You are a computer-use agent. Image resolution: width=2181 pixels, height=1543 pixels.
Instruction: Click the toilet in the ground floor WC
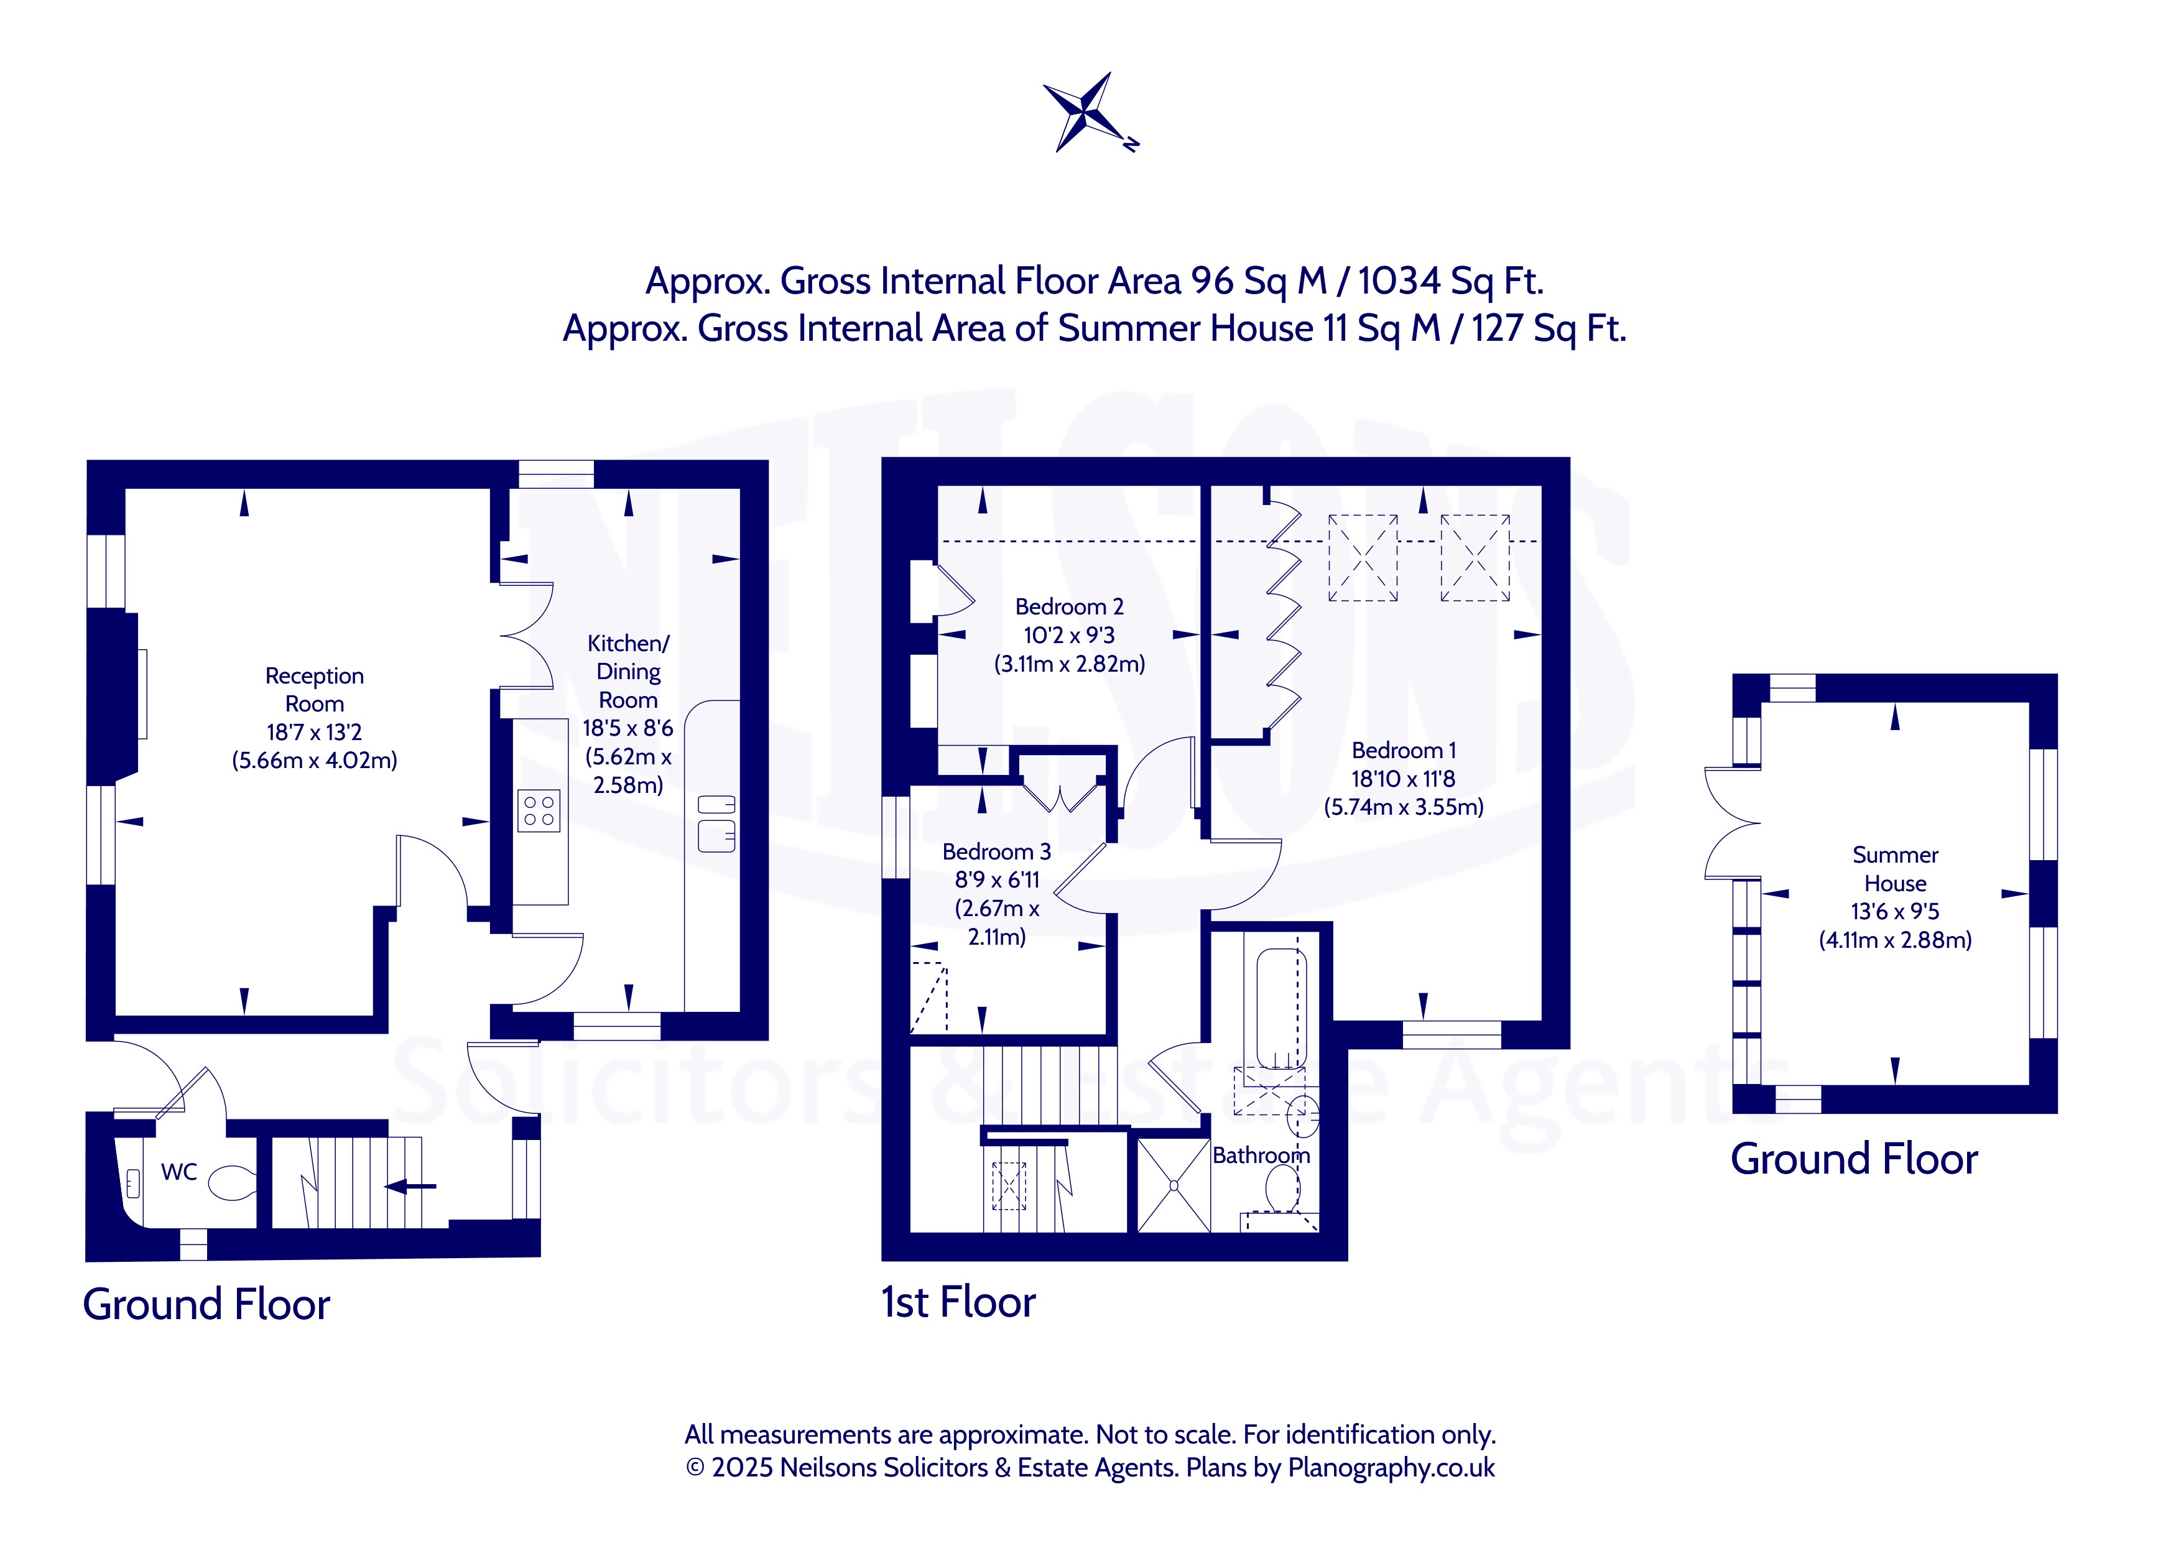[231, 1183]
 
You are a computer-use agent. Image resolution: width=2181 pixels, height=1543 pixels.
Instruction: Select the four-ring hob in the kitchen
[539, 812]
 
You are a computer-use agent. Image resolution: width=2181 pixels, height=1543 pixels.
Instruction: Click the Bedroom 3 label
[996, 851]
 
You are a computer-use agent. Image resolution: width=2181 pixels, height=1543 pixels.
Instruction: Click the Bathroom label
[1261, 1156]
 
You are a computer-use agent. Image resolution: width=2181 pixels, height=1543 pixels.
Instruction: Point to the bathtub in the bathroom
[1282, 1008]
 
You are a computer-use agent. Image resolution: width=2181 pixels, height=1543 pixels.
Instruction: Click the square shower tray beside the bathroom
[1173, 1185]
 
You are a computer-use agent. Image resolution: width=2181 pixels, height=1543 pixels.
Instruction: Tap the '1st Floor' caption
[958, 1302]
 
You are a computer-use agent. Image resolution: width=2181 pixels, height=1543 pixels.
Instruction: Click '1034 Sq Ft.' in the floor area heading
[1450, 280]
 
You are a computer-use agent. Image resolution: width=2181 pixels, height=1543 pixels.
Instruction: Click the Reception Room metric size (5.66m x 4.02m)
[315, 760]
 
